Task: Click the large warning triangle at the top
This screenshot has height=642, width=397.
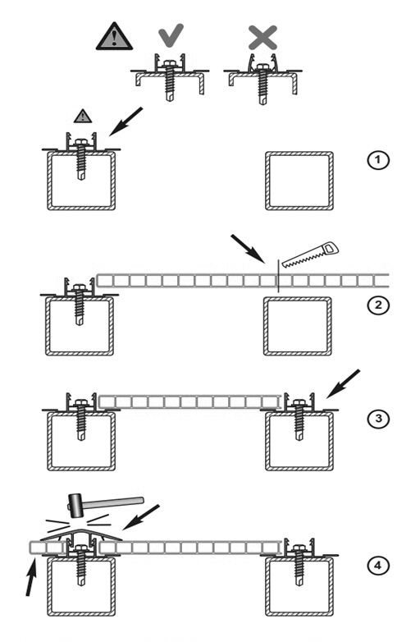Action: [114, 37]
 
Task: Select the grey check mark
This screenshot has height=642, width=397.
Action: [171, 35]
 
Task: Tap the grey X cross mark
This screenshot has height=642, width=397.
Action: [262, 37]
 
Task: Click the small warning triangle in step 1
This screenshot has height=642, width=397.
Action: [83, 117]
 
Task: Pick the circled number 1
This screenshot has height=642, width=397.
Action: [377, 160]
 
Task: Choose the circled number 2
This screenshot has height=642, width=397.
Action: [377, 305]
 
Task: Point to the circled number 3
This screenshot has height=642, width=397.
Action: [377, 419]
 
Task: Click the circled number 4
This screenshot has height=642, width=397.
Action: [377, 566]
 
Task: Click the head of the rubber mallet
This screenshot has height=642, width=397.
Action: [75, 506]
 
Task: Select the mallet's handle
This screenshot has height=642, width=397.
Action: [113, 502]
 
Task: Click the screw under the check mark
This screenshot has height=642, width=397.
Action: [170, 81]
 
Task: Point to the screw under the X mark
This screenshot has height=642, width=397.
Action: [262, 84]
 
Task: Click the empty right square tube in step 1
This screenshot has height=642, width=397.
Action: [299, 181]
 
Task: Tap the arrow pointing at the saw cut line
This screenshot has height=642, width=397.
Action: [248, 249]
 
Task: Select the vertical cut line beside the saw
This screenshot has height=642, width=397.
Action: [278, 276]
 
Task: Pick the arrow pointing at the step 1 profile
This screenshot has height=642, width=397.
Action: [126, 122]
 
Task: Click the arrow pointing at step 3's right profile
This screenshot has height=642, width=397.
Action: [343, 384]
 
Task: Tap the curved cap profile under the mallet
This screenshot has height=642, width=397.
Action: [81, 533]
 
